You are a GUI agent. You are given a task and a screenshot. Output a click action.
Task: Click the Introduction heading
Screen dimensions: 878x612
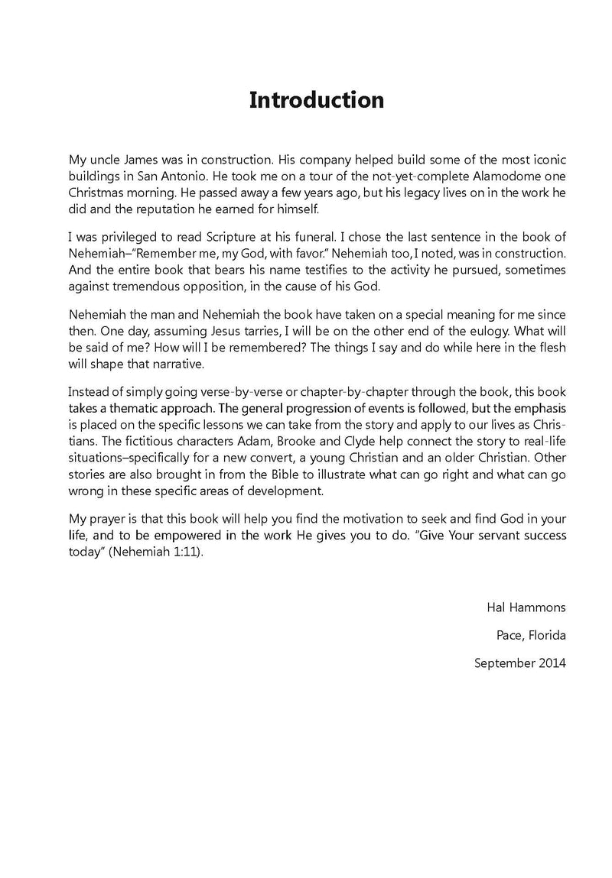[317, 100]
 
